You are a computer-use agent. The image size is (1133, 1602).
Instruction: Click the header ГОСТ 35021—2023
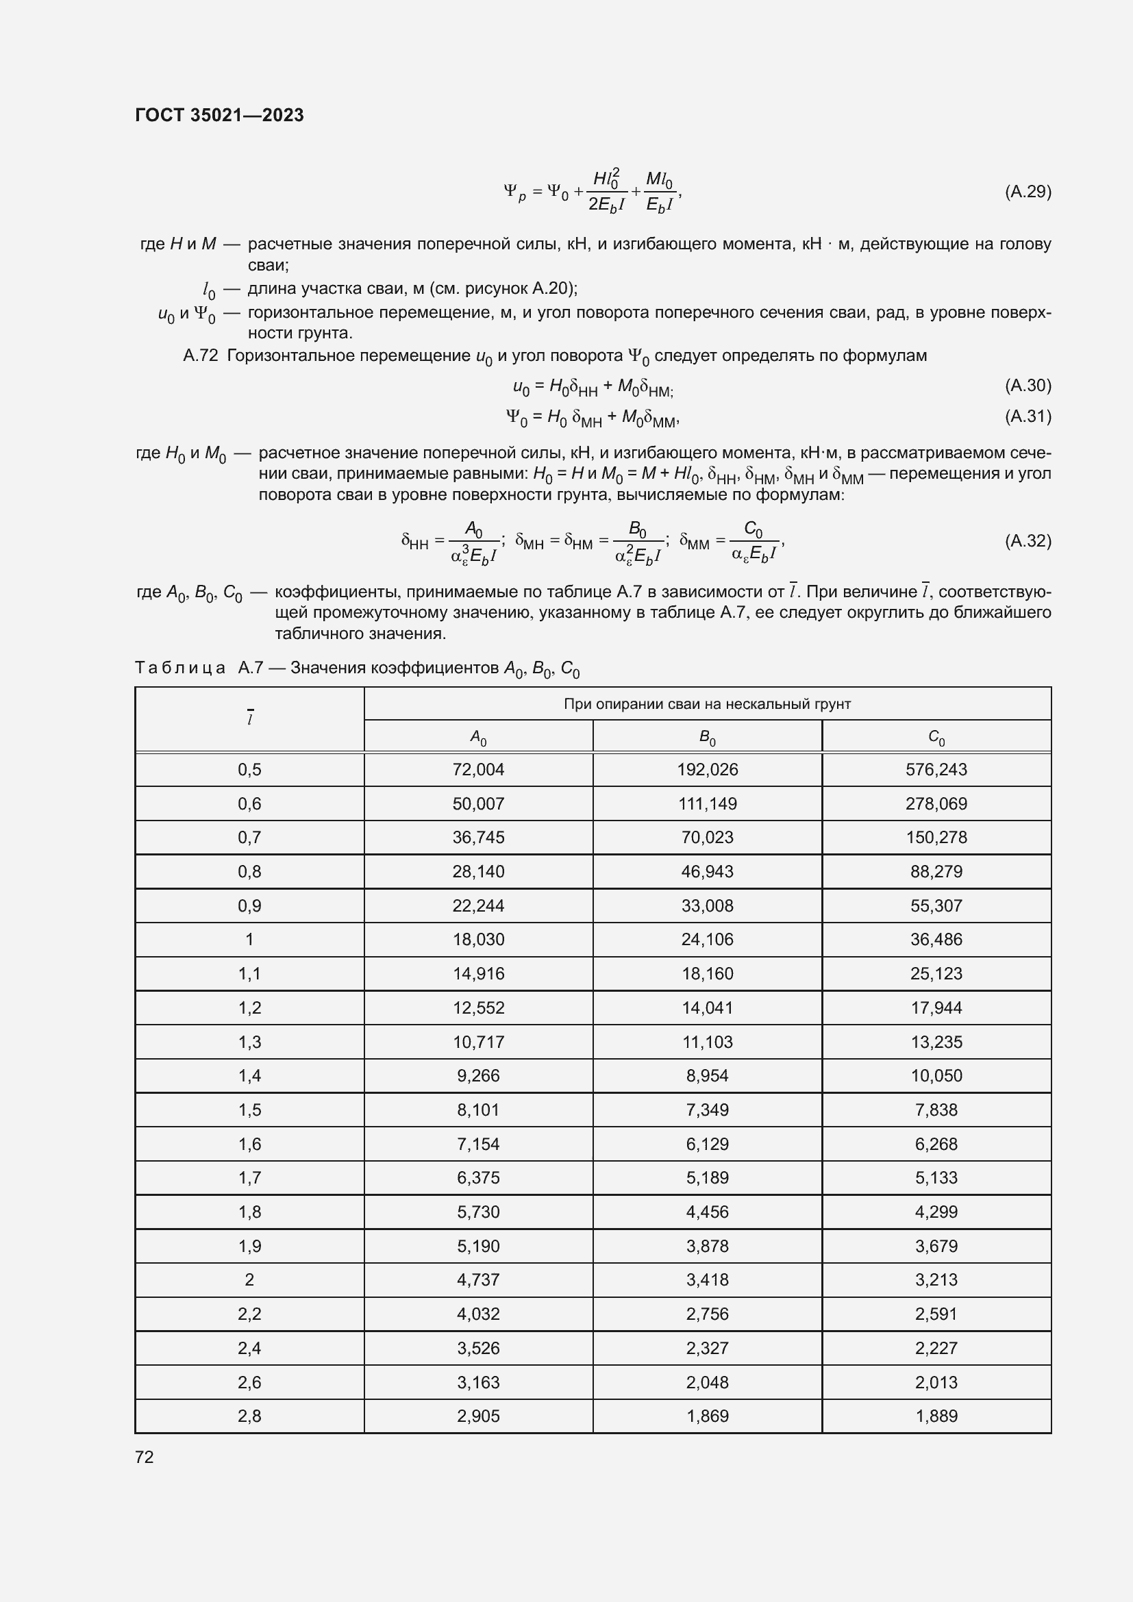[x=219, y=115]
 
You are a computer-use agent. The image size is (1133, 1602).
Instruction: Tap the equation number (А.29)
[x=1027, y=192]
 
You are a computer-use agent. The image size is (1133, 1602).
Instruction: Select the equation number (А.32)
[x=1027, y=541]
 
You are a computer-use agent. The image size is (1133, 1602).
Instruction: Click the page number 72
[x=145, y=1457]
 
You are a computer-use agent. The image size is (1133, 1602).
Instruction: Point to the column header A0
[x=478, y=737]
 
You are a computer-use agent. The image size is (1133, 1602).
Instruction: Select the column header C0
[x=936, y=737]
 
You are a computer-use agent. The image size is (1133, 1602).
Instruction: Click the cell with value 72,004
[x=478, y=770]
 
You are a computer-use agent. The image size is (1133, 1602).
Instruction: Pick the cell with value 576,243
[x=936, y=770]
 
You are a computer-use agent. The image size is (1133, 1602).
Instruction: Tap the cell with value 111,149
[x=708, y=804]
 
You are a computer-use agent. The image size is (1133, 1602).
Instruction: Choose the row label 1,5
[x=249, y=1110]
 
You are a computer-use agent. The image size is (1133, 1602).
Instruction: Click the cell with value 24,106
[x=708, y=940]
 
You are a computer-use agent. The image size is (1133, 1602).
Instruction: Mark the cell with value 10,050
[x=936, y=1076]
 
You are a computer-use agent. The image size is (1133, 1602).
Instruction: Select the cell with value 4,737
[x=478, y=1280]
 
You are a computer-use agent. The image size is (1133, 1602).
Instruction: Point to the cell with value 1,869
[x=708, y=1416]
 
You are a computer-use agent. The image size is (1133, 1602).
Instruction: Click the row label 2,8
[x=249, y=1416]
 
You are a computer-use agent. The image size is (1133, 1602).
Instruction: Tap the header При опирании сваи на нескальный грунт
[x=707, y=704]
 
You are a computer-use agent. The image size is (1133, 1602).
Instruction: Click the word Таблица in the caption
[x=180, y=668]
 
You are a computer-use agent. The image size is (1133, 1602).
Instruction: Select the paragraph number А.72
[x=200, y=356]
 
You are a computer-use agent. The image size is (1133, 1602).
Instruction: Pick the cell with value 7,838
[x=936, y=1110]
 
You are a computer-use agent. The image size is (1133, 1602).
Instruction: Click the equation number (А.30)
[x=1027, y=385]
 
